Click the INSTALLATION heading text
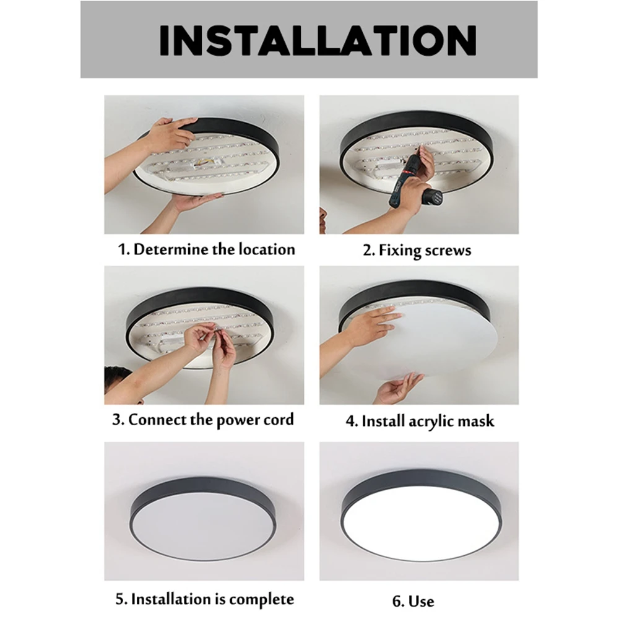point(318,40)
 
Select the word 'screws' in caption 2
point(448,250)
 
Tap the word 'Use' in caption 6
point(421,601)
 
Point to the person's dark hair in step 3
point(117,378)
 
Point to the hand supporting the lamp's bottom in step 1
point(193,202)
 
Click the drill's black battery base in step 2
point(431,197)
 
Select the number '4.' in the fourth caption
point(352,421)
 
